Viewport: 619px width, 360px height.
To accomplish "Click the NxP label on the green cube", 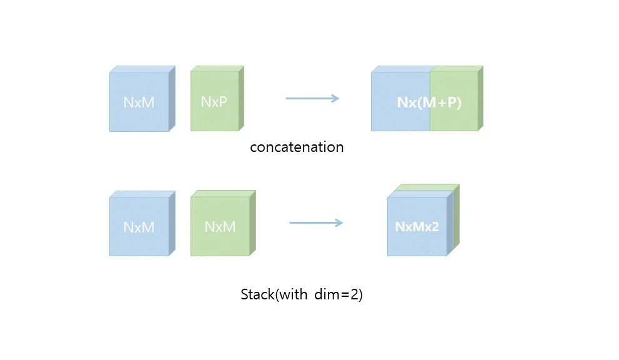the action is tap(214, 101).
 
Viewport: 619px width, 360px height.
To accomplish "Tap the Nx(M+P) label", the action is tap(429, 102).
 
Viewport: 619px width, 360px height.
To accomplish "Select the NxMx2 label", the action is tap(417, 226).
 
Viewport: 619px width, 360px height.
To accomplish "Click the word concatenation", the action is tap(297, 147).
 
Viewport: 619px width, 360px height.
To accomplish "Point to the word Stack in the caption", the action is tap(257, 294).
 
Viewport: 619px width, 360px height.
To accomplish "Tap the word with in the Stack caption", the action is tap(293, 294).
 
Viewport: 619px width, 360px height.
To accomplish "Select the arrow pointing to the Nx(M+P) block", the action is tap(312, 98).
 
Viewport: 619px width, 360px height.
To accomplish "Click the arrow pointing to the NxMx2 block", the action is tap(316, 223).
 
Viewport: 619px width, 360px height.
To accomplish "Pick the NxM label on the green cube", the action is tap(220, 226).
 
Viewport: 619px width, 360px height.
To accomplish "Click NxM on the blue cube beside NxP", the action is tap(139, 102).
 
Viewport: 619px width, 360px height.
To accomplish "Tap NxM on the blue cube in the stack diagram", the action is tap(139, 227).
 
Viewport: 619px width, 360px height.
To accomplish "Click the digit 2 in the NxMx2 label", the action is tap(435, 226).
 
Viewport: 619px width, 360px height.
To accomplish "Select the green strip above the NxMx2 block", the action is tap(427, 187).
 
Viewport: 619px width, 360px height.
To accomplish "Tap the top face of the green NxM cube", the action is tap(224, 194).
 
